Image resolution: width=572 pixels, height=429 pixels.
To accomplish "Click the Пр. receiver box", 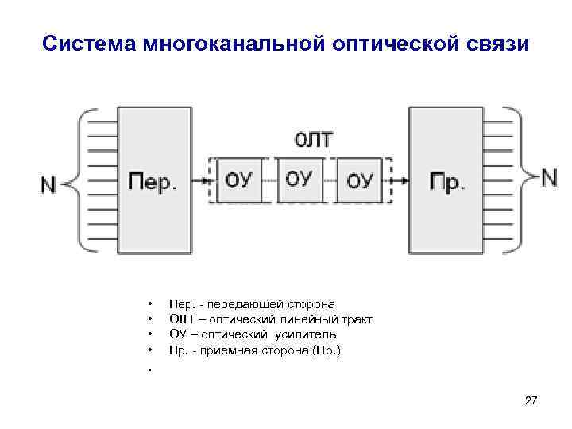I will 446,181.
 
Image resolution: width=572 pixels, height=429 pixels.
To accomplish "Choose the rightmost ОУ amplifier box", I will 359,180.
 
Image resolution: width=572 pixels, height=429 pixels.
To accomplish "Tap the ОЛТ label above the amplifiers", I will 315,140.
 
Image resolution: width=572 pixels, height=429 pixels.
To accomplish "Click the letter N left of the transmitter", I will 48,184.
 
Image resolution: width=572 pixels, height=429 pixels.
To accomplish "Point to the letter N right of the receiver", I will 548,177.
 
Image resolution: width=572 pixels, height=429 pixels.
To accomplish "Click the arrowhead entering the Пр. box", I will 404,180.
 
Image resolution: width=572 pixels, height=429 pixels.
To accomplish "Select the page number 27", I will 531,404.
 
